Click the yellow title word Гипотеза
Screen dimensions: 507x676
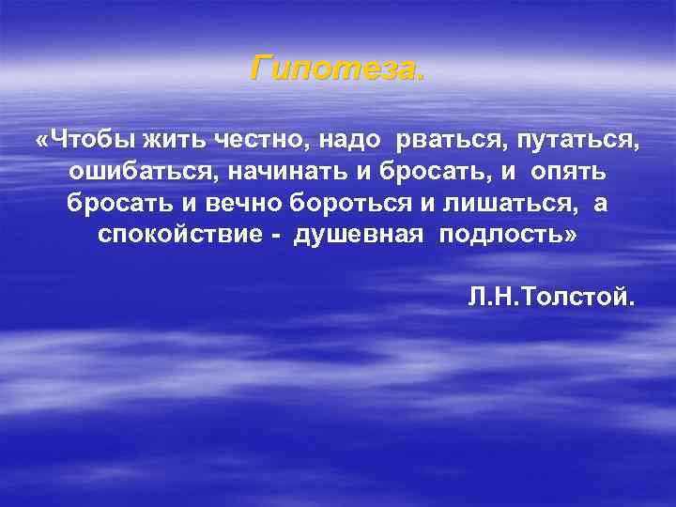[337, 68]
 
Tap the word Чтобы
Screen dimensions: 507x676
[89, 141]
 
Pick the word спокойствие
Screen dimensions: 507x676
[173, 235]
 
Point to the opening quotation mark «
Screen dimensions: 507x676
[40, 141]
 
